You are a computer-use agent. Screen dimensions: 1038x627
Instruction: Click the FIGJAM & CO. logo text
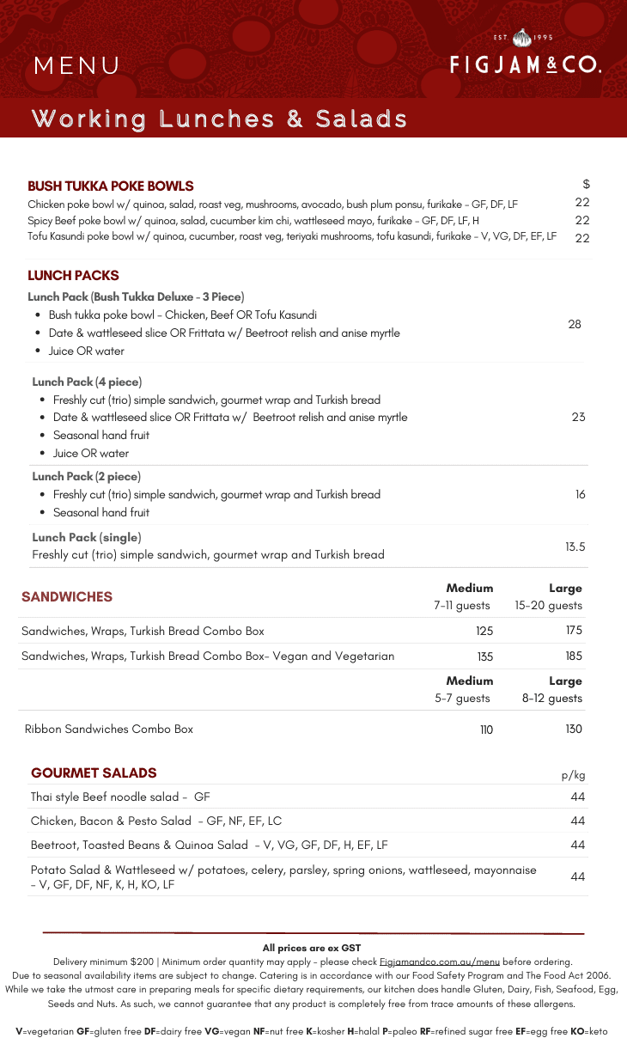525,64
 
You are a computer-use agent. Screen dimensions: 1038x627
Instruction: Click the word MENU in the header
77,66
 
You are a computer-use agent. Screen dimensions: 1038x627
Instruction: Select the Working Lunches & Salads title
219,119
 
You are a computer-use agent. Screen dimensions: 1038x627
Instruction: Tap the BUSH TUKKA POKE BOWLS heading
111,186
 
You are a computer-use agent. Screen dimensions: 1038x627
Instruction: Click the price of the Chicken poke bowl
582,203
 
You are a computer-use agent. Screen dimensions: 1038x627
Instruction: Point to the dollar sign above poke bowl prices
586,184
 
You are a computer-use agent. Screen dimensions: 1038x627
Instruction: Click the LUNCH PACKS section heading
73,276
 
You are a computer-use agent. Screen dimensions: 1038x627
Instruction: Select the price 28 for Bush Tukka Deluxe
575,324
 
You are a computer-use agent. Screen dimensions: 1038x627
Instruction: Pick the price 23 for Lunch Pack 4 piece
578,417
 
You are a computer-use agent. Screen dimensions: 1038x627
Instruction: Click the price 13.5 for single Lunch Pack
575,546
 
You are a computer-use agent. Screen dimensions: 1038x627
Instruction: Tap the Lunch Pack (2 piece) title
87,476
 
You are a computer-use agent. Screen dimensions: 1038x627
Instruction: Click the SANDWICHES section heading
67,596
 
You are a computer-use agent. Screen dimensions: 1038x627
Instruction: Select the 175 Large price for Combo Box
574,631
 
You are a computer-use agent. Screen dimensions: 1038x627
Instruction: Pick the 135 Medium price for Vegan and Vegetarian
484,656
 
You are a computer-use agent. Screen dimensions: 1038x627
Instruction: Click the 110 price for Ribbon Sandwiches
486,730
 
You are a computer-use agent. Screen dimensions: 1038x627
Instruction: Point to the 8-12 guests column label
552,698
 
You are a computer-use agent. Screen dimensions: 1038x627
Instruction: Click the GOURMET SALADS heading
94,772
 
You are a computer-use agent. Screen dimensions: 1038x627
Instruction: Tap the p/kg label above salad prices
573,775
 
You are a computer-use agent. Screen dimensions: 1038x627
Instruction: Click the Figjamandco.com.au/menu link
439,962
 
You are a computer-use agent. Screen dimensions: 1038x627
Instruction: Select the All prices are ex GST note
312,948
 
